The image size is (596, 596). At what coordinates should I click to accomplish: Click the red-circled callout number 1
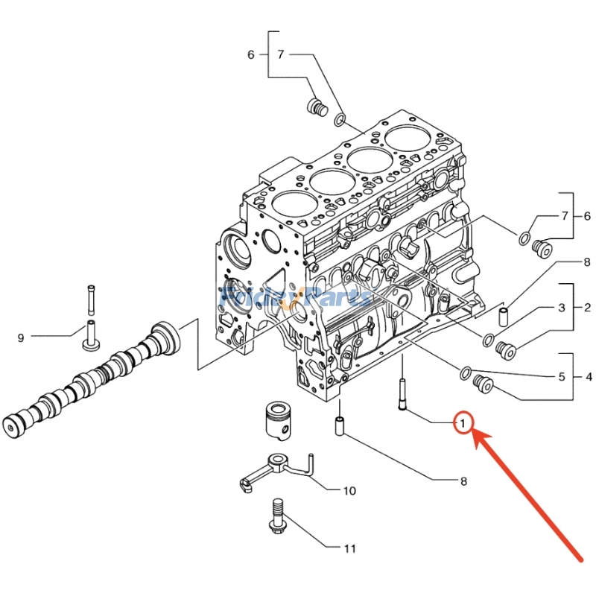point(463,424)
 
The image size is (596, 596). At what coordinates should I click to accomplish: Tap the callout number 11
point(349,549)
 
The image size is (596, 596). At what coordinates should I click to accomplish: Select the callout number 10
point(349,491)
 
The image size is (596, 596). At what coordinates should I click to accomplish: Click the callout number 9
point(21,338)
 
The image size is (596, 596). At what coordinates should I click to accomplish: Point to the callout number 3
point(562,308)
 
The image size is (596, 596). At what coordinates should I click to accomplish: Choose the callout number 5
point(562,377)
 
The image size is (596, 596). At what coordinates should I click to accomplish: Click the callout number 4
point(589,377)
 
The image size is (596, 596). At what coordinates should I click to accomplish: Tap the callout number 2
point(587,308)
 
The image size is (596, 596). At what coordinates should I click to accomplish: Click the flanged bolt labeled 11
point(276,516)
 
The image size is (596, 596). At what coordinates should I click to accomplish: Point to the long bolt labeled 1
point(403,393)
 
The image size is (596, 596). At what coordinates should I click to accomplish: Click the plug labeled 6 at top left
point(317,107)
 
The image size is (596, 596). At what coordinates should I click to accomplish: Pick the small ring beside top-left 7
point(340,118)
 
